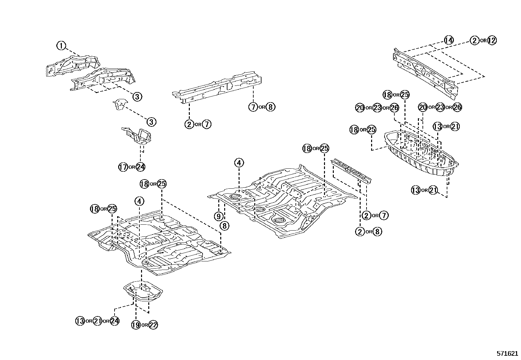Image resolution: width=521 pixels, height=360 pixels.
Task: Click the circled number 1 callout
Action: pos(61,46)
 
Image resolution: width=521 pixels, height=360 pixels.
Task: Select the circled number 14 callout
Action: pos(449,40)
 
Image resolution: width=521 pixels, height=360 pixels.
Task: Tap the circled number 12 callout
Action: pos(492,40)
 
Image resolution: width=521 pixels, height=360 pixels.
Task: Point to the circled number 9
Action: pos(219,216)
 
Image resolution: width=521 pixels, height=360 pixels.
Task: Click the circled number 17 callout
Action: pos(123,167)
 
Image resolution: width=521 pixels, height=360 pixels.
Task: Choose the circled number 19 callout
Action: pos(136,325)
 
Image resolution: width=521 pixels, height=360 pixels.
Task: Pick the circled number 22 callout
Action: pos(153,325)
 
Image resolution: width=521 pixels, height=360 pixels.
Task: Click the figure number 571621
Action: pos(507,354)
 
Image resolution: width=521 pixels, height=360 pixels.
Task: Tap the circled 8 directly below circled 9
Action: pos(225,225)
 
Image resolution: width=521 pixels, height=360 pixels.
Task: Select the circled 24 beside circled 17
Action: pos(140,167)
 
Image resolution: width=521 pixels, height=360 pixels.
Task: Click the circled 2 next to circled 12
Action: pos(474,40)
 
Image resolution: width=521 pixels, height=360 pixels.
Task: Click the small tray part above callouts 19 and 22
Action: pos(143,290)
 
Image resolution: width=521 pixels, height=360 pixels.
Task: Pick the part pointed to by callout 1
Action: pos(72,66)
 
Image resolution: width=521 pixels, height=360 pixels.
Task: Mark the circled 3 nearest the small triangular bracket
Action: pos(151,122)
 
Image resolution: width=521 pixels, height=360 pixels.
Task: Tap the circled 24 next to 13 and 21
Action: pos(114,321)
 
